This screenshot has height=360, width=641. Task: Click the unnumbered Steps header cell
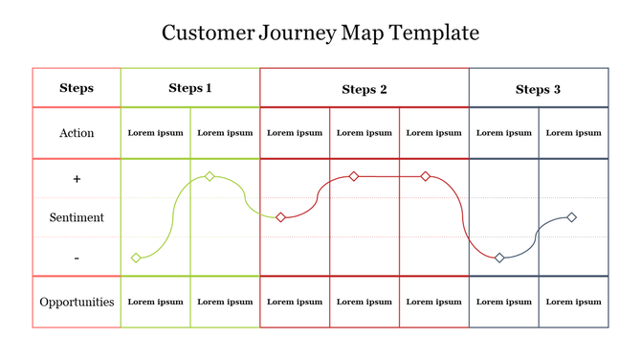[77, 88]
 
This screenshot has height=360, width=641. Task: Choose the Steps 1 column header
[190, 88]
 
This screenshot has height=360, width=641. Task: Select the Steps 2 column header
[365, 89]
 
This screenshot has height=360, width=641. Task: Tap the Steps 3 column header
[538, 89]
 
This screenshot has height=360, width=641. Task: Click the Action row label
[77, 133]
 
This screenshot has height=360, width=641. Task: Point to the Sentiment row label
[77, 217]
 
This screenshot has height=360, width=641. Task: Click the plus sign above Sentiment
[77, 179]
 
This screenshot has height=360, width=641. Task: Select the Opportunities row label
[77, 302]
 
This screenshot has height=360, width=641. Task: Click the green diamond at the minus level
[136, 258]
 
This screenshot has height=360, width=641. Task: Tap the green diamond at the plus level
[210, 176]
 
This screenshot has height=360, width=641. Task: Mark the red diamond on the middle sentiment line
[280, 217]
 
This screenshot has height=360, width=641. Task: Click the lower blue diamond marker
[499, 258]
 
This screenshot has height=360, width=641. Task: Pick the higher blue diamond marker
[572, 217]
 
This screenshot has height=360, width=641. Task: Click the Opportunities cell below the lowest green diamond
[155, 302]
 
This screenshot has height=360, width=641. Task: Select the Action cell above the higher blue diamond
[573, 133]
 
